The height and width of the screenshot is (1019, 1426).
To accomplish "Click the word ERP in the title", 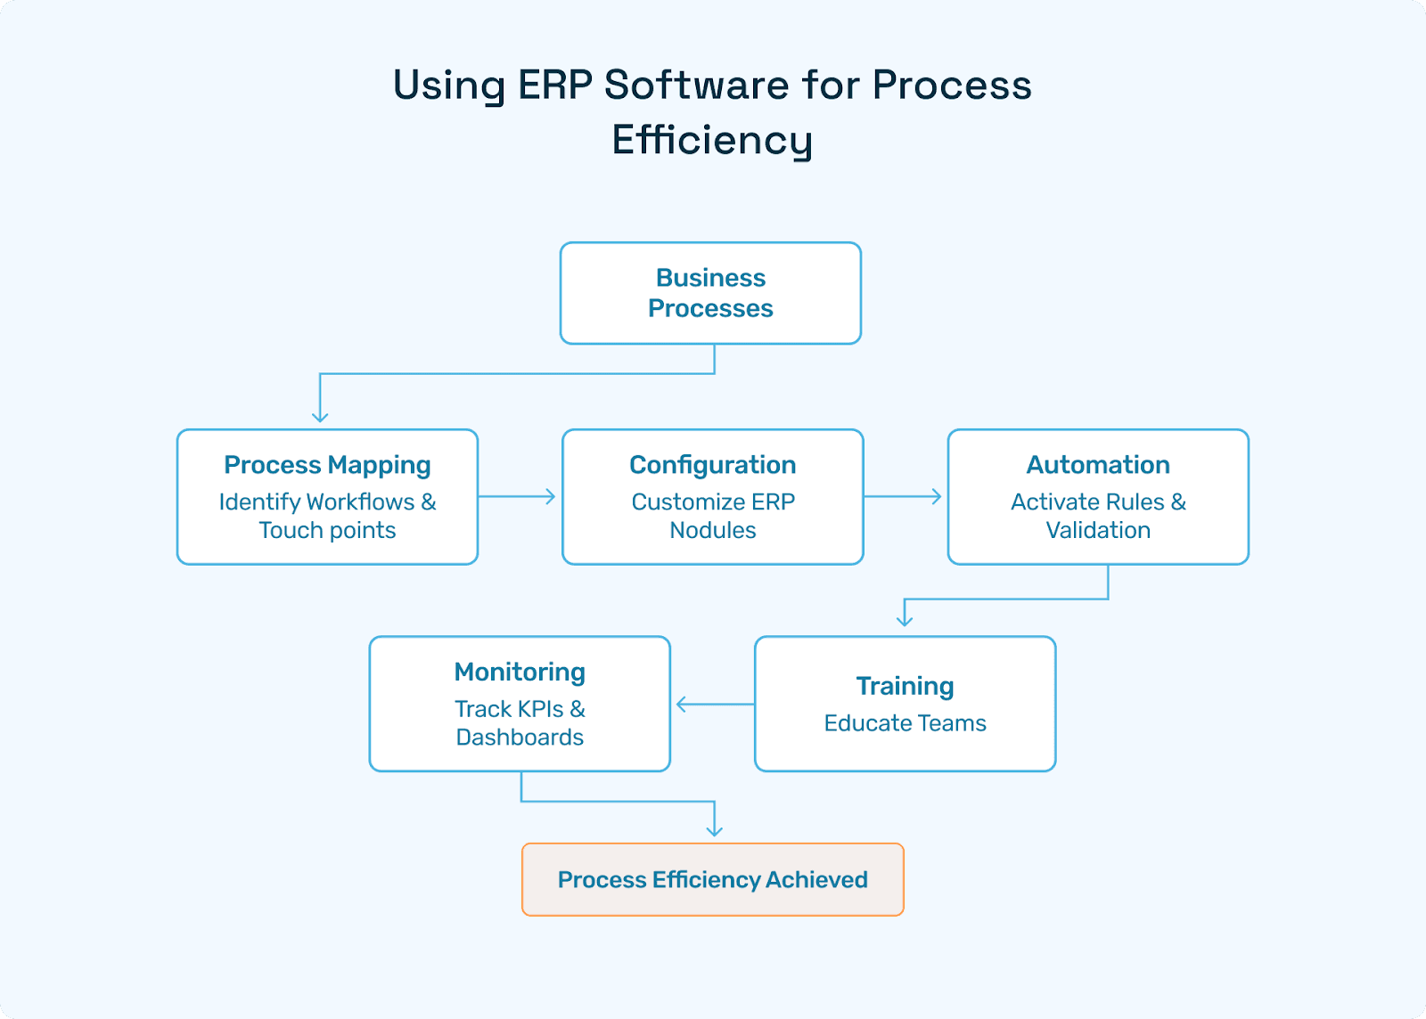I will click(x=554, y=86).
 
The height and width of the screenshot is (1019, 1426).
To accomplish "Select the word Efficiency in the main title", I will click(x=711, y=141).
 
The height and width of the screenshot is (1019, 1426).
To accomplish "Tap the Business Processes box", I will click(x=710, y=293).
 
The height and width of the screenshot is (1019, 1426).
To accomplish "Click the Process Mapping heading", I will click(x=327, y=465).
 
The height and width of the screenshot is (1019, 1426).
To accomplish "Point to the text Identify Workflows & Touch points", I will click(x=327, y=516).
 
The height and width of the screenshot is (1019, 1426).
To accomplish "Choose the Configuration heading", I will click(x=712, y=465).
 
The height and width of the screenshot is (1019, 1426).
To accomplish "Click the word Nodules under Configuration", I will click(x=712, y=531).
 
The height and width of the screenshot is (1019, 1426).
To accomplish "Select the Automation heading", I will click(x=1097, y=465).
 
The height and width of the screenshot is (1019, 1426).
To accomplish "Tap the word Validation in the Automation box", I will click(x=1097, y=531).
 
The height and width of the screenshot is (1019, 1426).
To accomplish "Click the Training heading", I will click(x=905, y=686).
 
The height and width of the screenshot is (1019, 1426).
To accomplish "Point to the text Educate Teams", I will click(x=905, y=723).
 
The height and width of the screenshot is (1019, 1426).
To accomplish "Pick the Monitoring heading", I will click(x=520, y=672).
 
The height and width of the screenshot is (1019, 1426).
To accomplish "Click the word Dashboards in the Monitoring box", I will click(x=520, y=738).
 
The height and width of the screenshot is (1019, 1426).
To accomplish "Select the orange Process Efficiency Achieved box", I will click(x=712, y=880).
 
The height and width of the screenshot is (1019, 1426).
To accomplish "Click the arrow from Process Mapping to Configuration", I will click(x=518, y=496).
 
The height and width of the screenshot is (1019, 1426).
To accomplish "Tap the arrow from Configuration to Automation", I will click(x=903, y=496).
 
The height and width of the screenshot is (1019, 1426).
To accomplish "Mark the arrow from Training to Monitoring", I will click(x=714, y=705).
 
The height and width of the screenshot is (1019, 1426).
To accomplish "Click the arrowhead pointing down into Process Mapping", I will click(x=320, y=416).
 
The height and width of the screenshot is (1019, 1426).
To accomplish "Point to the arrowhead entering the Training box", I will click(x=905, y=620).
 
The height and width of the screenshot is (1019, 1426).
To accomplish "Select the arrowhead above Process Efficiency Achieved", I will click(x=714, y=830).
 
